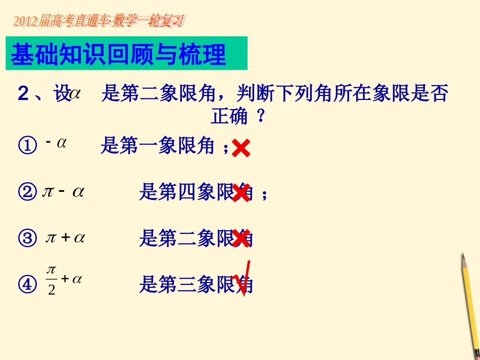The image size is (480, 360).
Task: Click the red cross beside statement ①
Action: point(241,149)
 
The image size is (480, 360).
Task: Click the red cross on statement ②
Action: point(241,193)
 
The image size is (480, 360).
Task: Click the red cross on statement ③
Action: point(241,238)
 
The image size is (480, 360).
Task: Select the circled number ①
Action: point(27,146)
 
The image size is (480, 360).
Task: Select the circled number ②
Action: point(27,192)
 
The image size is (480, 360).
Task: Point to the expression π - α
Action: point(63,192)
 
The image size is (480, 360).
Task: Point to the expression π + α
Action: point(64,238)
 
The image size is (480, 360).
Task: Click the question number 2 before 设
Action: point(23,94)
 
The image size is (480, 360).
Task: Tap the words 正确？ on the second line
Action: point(237,118)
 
